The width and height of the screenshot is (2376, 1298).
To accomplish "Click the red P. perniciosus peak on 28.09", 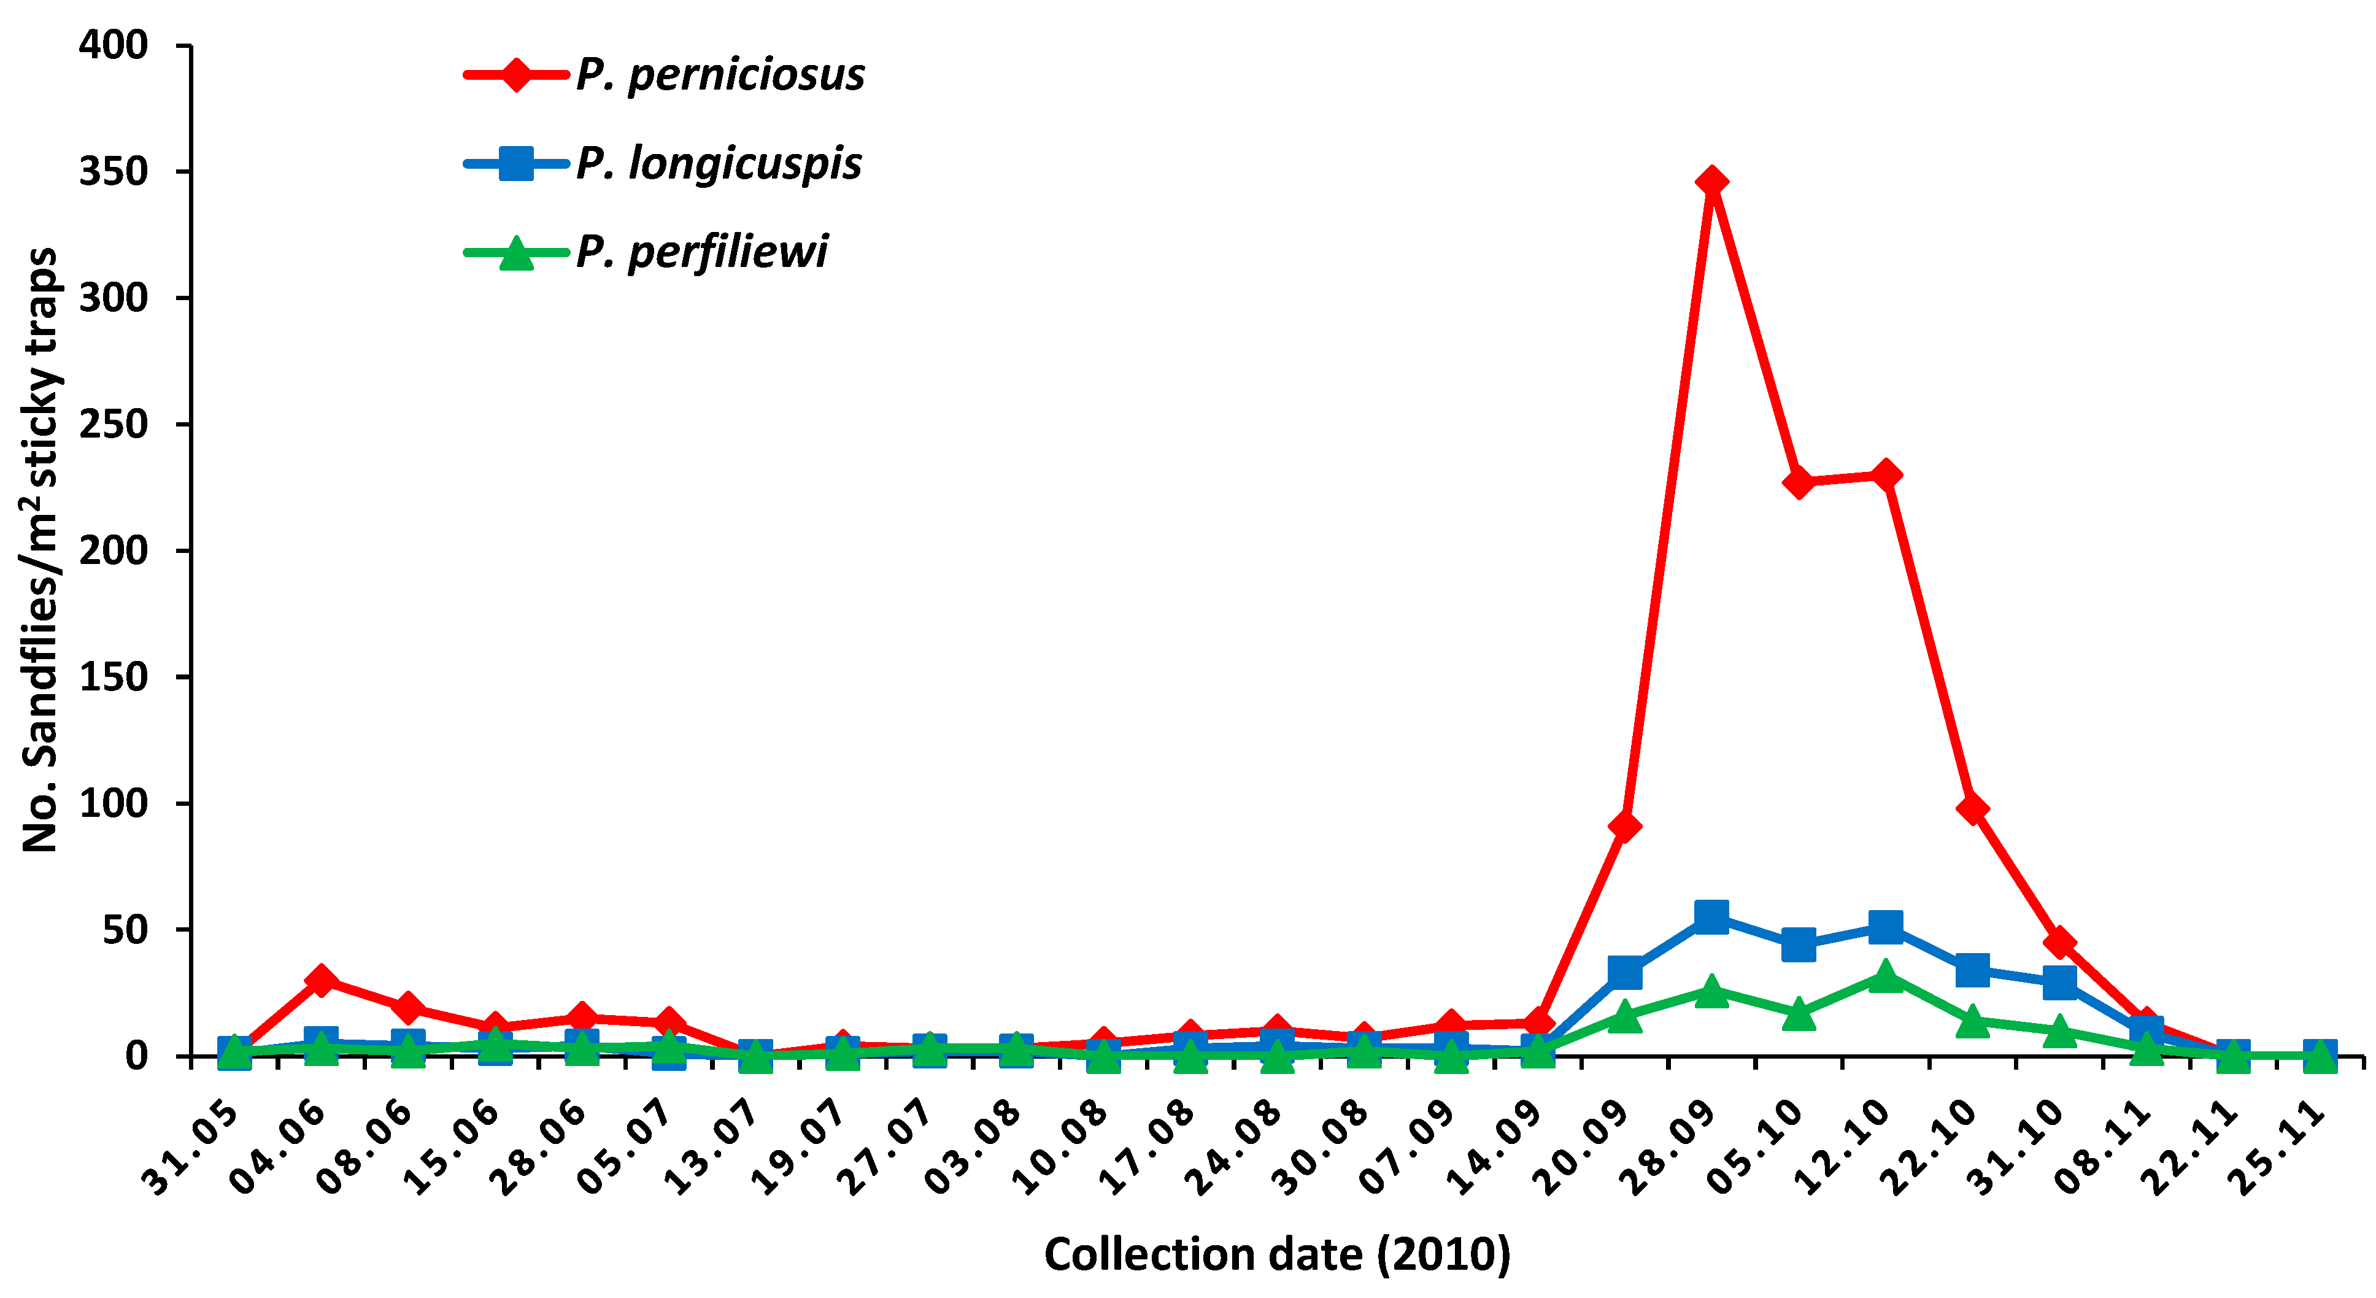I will click(x=1711, y=182).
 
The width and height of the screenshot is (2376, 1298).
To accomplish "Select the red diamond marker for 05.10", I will click(x=1798, y=482).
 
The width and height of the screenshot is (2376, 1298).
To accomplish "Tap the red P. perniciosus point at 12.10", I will click(x=1885, y=475).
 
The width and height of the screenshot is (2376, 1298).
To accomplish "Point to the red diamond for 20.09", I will click(x=1624, y=825).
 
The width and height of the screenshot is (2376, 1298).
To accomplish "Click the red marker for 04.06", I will click(x=321, y=979).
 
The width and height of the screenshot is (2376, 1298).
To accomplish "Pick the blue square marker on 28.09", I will click(x=1711, y=916).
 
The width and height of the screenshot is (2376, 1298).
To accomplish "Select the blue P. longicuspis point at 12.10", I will click(x=1885, y=926).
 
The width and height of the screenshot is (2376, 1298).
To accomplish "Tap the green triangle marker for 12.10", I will click(x=1885, y=976).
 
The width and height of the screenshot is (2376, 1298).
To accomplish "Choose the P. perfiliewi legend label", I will click(x=701, y=252).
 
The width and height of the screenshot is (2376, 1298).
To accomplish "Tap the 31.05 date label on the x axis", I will click(x=191, y=1148).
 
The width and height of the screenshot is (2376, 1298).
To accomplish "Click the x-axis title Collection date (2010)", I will click(x=1278, y=1254).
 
